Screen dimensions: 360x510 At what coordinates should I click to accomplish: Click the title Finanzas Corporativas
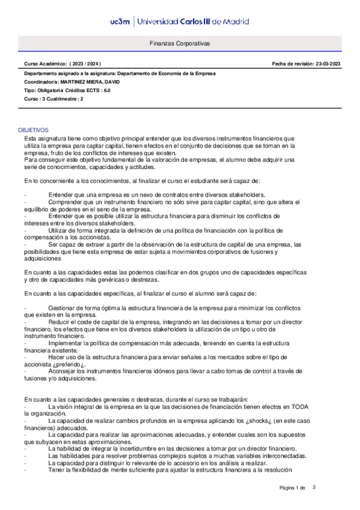coord(180,44)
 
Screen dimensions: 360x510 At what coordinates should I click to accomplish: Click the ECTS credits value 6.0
coord(106,90)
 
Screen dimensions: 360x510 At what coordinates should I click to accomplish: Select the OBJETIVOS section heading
coord(34,130)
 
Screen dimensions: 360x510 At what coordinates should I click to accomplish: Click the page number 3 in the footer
coord(314,487)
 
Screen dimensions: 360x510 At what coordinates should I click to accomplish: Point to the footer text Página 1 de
coord(293,487)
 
